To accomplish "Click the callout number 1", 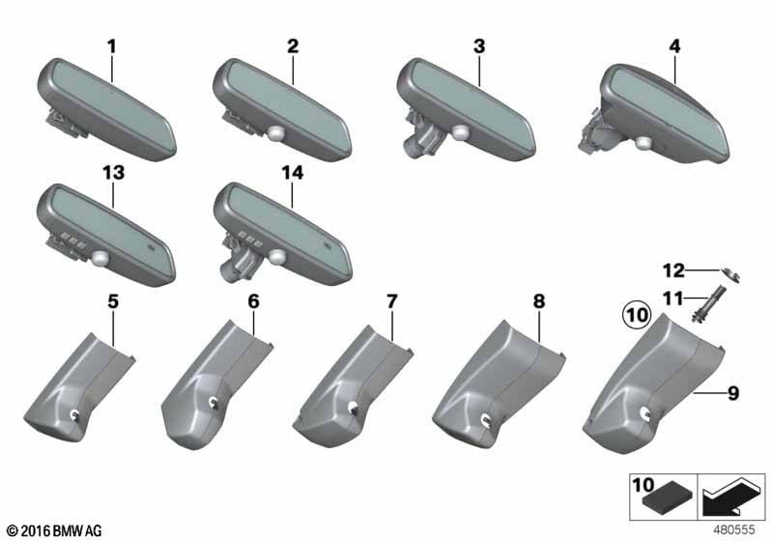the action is pyautogui.click(x=112, y=46).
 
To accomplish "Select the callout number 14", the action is pyautogui.click(x=293, y=173).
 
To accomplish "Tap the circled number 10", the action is pyautogui.click(x=637, y=314).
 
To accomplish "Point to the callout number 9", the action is pyautogui.click(x=733, y=393).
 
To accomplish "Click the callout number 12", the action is pyautogui.click(x=673, y=270).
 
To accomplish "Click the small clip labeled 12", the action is pyautogui.click(x=731, y=274).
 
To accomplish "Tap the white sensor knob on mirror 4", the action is pyautogui.click(x=644, y=142).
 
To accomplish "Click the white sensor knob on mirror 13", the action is pyautogui.click(x=100, y=257).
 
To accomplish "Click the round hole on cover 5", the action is pyautogui.click(x=75, y=415).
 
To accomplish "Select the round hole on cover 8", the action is pyautogui.click(x=486, y=419).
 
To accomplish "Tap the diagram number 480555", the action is pyautogui.click(x=734, y=529).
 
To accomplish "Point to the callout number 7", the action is pyautogui.click(x=391, y=301).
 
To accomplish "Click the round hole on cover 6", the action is pyautogui.click(x=214, y=403).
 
